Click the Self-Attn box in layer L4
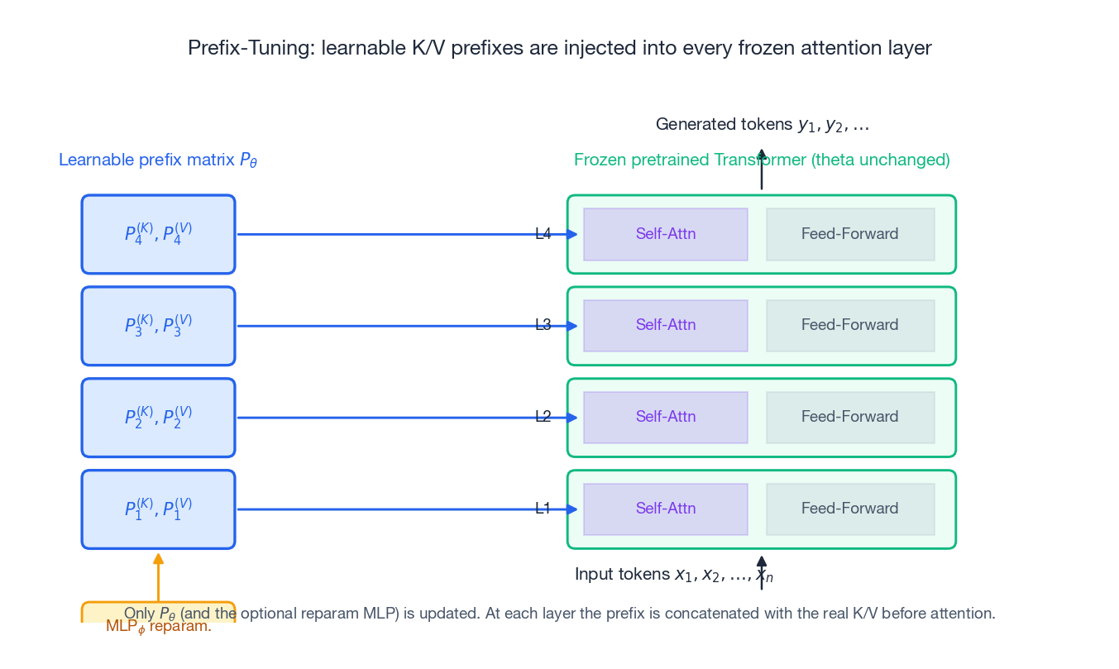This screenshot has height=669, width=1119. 665,234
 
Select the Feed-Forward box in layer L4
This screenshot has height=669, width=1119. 849,234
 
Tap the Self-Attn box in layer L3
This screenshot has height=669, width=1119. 665,326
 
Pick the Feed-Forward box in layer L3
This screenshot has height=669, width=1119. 849,326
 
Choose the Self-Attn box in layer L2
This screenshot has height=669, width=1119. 665,418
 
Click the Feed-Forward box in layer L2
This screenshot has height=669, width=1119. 849,418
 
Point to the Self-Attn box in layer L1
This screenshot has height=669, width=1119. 665,509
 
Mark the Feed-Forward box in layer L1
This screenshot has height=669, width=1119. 849,509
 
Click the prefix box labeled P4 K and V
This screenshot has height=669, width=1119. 158,234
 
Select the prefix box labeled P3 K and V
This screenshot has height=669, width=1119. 158,326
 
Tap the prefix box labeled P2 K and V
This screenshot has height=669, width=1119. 158,418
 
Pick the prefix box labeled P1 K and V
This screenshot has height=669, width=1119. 158,509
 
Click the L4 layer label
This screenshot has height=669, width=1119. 543,234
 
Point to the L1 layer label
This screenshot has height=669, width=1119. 543,509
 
